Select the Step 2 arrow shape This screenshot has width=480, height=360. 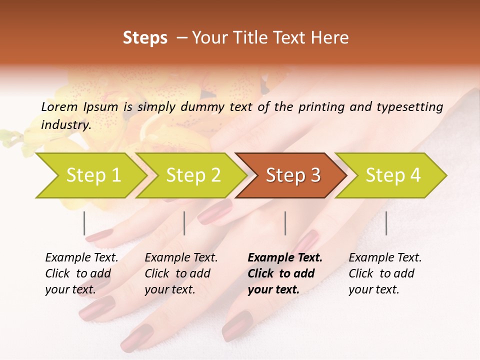tap(193, 175)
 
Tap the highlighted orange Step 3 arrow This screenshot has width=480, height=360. tap(293, 175)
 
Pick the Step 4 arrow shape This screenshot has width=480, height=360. tap(393, 175)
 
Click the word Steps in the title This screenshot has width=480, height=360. tap(145, 37)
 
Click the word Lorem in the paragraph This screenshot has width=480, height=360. tap(59, 106)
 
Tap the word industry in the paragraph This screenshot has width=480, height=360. tap(66, 124)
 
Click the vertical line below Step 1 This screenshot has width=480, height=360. tap(84, 223)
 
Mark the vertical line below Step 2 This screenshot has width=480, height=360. tap(184, 223)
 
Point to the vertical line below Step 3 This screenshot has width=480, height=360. tap(285, 223)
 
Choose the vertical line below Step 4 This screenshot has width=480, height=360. tap(386, 223)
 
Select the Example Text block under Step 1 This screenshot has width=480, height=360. tap(81, 273)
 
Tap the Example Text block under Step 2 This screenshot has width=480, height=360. tap(181, 273)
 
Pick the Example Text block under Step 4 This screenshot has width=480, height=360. tap(385, 273)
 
